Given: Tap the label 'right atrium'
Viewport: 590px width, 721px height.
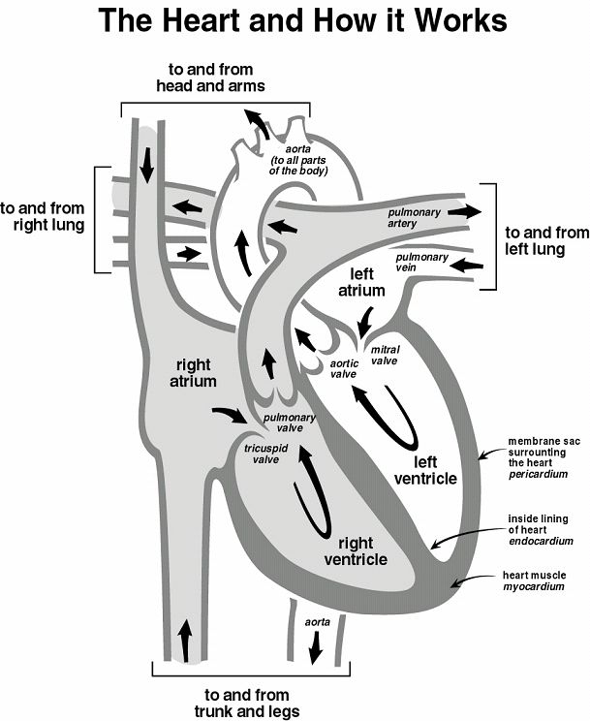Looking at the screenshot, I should (195, 373).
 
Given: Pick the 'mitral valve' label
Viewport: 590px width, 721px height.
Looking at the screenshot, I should (385, 355).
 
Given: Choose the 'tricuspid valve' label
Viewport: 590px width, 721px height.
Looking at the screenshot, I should (262, 454).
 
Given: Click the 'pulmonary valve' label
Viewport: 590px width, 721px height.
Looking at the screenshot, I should (290, 423).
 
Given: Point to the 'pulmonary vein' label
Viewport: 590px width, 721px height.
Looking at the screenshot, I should (421, 263).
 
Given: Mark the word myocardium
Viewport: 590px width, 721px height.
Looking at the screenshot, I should (536, 586).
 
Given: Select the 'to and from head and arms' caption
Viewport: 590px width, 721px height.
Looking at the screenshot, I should (210, 78).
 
